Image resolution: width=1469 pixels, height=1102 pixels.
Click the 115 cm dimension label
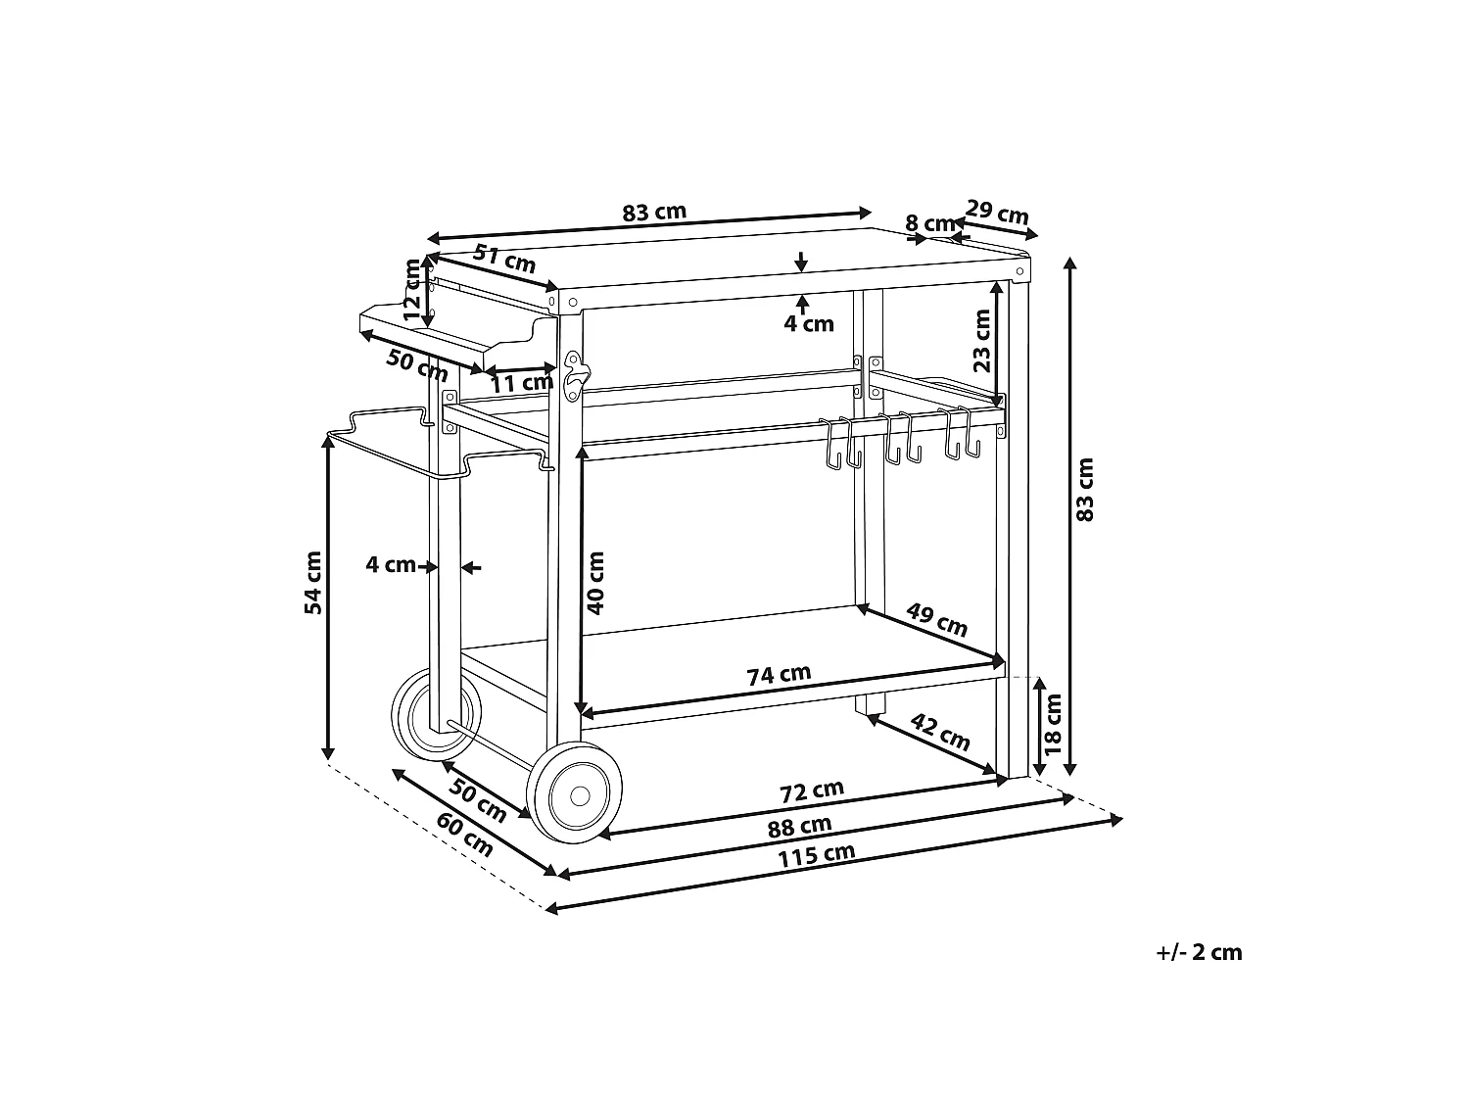[816, 855]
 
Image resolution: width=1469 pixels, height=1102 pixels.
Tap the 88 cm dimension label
[799, 827]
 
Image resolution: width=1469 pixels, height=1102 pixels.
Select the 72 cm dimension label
[811, 791]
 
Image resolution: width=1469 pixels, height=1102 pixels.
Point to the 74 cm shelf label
[779, 675]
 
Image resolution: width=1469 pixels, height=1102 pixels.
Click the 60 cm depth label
[464, 834]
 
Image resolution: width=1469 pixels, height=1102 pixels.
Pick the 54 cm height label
[313, 582]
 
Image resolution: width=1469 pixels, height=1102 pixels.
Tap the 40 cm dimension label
[595, 583]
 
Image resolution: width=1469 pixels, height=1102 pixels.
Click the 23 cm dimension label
[981, 341]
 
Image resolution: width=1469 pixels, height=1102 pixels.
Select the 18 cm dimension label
[1052, 724]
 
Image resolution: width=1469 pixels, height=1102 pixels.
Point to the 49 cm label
[937, 620]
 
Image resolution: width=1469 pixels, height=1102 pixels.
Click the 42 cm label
[940, 732]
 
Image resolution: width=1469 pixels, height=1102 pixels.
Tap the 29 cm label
[997, 213]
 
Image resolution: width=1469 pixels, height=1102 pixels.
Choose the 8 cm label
[930, 222]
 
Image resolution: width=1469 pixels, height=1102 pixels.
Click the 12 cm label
[411, 289]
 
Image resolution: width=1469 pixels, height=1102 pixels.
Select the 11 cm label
[522, 384]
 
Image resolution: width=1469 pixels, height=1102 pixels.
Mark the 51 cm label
[504, 259]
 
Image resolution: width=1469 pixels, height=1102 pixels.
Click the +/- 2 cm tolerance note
[1199, 952]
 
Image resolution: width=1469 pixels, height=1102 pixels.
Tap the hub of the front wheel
[580, 796]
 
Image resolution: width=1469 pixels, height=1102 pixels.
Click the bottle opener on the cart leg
[574, 377]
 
